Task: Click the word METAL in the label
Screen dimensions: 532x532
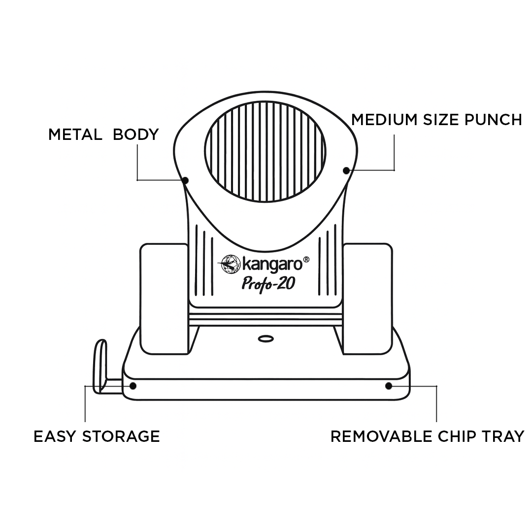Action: click(75, 134)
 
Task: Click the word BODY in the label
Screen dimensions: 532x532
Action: click(136, 134)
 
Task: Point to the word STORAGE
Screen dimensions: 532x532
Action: click(121, 436)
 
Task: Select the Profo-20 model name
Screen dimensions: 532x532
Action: click(268, 283)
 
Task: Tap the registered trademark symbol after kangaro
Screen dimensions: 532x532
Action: click(306, 259)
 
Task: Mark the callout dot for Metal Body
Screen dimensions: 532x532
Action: click(185, 181)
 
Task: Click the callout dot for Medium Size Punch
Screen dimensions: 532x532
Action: click(346, 170)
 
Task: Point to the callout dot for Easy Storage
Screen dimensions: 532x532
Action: click(133, 386)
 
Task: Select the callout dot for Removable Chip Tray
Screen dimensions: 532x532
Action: click(389, 386)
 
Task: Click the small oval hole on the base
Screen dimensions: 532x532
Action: click(266, 339)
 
